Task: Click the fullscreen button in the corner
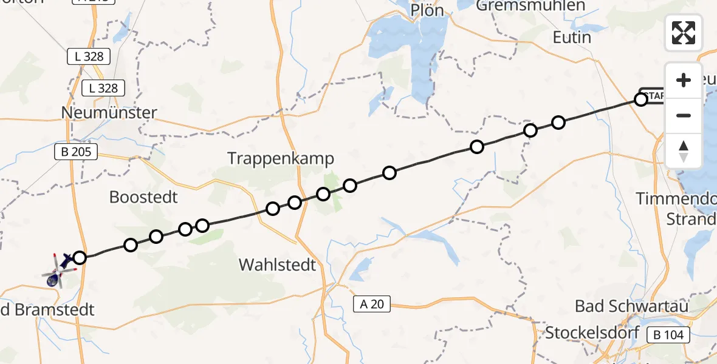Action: click(x=684, y=32)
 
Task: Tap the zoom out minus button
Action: click(x=684, y=115)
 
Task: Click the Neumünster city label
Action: click(x=109, y=113)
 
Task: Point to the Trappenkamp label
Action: click(x=281, y=159)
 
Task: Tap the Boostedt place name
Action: click(x=143, y=197)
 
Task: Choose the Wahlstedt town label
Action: click(x=278, y=265)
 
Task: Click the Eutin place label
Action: click(x=572, y=38)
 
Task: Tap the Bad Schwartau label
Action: click(x=631, y=306)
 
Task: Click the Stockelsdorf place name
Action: click(x=592, y=332)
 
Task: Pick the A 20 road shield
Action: click(x=372, y=304)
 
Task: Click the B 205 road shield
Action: click(x=76, y=152)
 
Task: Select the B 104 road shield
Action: click(x=668, y=335)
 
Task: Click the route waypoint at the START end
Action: click(x=641, y=99)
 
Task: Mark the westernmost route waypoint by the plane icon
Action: click(x=80, y=258)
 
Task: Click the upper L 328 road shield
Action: click(x=88, y=57)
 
